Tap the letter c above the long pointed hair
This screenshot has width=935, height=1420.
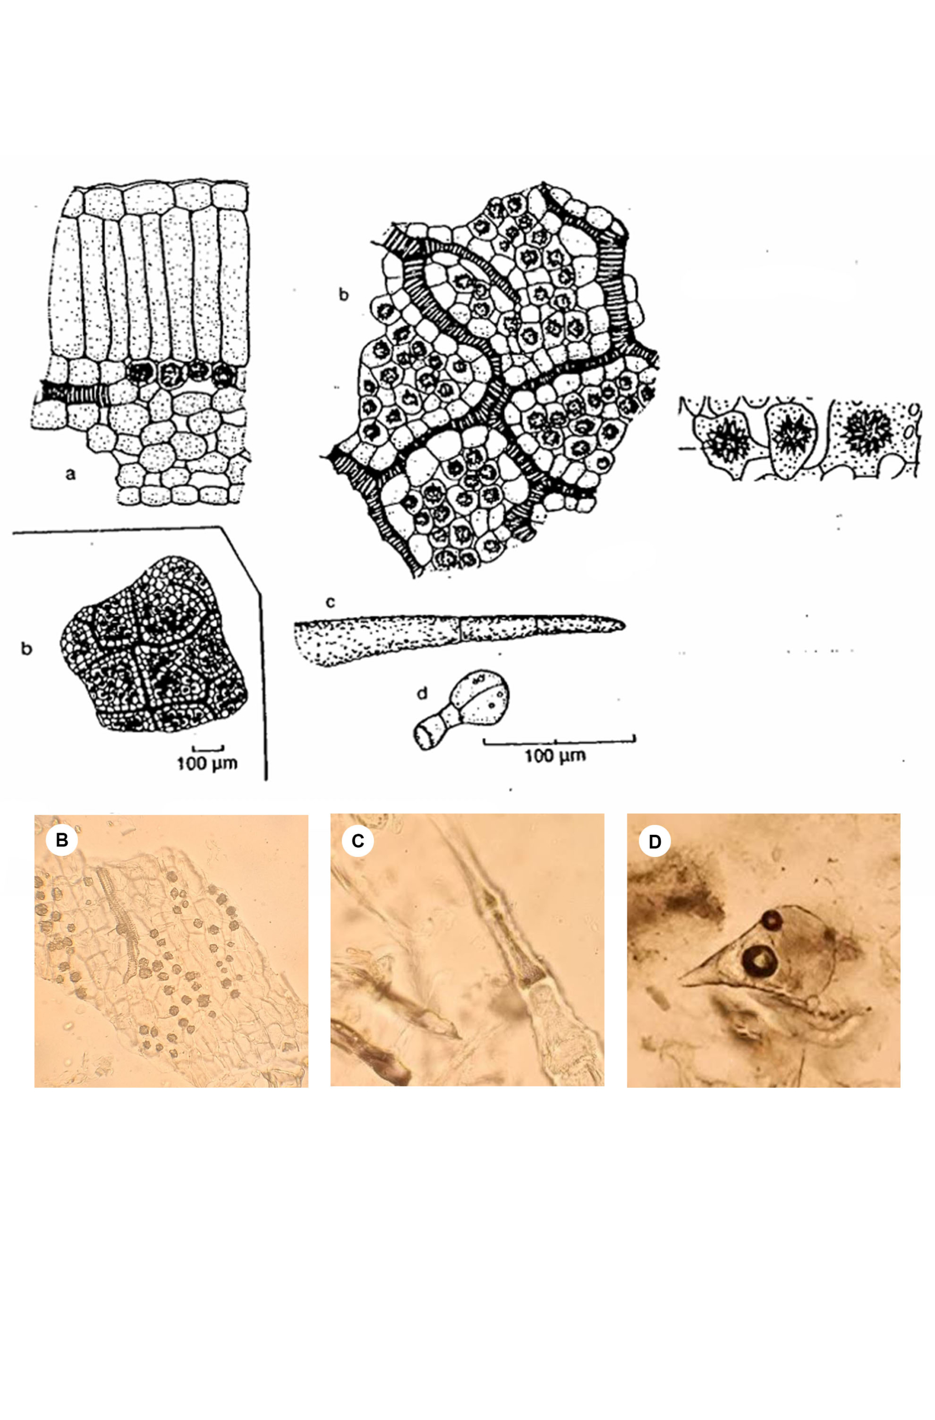[x=330, y=602]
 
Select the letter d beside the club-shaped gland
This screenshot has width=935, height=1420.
[x=422, y=693]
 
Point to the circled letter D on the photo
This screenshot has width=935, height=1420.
[x=654, y=841]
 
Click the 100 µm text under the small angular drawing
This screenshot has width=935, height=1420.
[x=207, y=763]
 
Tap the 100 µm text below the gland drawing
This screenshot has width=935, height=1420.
[x=555, y=756]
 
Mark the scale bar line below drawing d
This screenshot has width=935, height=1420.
[x=559, y=741]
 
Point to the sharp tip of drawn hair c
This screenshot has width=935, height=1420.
[x=624, y=624]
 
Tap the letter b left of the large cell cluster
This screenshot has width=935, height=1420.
[x=344, y=295]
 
